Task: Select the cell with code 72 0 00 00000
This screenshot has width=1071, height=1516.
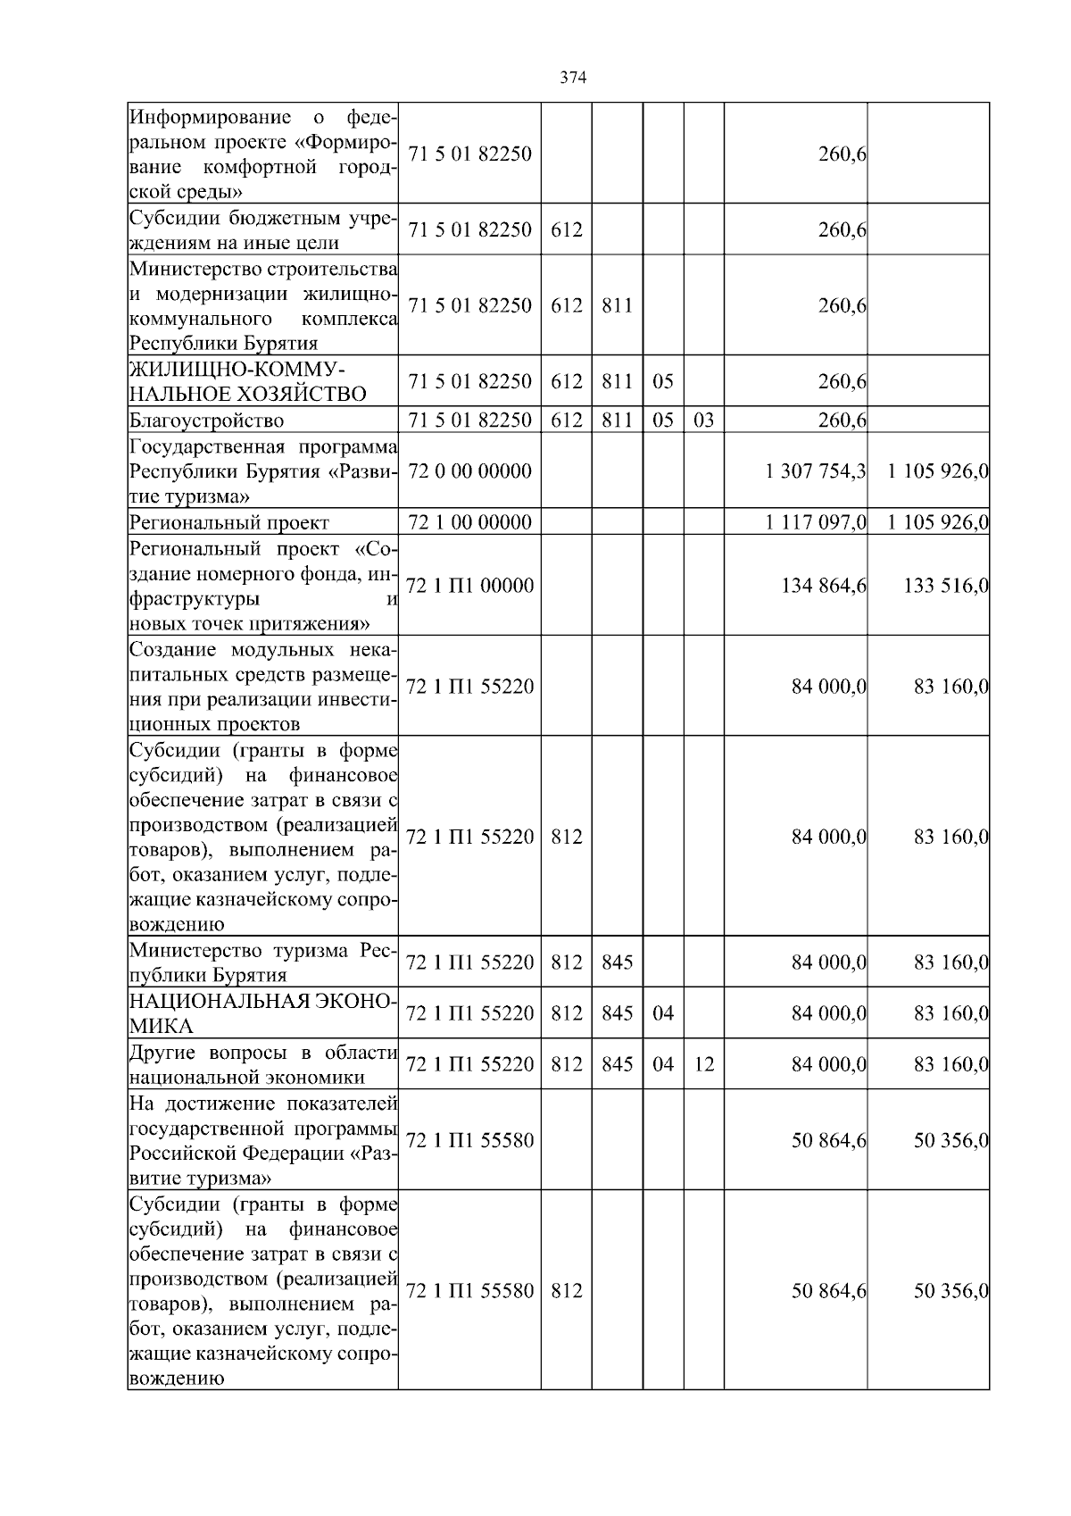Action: pyautogui.click(x=469, y=471)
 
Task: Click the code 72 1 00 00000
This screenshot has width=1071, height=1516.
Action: pyautogui.click(x=469, y=522)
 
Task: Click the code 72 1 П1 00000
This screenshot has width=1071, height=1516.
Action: pyautogui.click(x=469, y=586)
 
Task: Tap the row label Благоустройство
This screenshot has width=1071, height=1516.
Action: pyautogui.click(x=207, y=420)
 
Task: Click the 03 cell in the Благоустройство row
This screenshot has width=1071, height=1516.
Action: pyautogui.click(x=703, y=420)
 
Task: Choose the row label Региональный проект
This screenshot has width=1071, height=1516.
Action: pyautogui.click(x=229, y=522)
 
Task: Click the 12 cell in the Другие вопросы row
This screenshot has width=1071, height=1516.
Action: pyautogui.click(x=703, y=1064)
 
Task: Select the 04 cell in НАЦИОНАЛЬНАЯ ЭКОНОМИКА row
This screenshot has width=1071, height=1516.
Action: pyautogui.click(x=662, y=1013)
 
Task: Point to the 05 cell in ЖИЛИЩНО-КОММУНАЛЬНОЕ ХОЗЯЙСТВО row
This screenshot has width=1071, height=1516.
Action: pyautogui.click(x=662, y=381)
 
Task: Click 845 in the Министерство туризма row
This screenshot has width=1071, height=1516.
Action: pyautogui.click(x=617, y=962)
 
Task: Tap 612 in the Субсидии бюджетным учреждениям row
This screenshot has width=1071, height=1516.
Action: pyautogui.click(x=566, y=229)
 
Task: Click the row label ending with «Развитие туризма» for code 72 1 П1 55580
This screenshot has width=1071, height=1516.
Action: pyautogui.click(x=262, y=1140)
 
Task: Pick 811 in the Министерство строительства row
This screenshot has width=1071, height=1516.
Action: pyautogui.click(x=617, y=305)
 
